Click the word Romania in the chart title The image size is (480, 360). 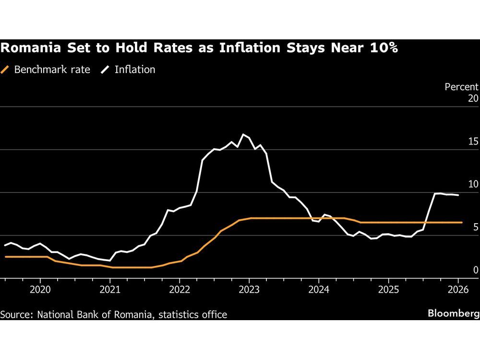pyautogui.click(x=24, y=48)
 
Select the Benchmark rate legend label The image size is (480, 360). pyautogui.click(x=52, y=70)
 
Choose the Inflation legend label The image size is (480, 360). pyautogui.click(x=135, y=70)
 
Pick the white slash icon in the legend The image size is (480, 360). pyautogui.click(x=105, y=70)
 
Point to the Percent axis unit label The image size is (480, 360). pyautogui.click(x=461, y=87)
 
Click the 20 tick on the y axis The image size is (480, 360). pyautogui.click(x=473, y=98)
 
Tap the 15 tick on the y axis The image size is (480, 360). pyautogui.click(x=473, y=141)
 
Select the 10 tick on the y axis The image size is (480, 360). pyautogui.click(x=473, y=184)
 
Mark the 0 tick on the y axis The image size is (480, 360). pyautogui.click(x=476, y=270)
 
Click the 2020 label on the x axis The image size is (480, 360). pyautogui.click(x=40, y=289)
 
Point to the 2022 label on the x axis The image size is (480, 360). pyautogui.click(x=180, y=289)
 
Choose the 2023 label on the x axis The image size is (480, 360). pyautogui.click(x=249, y=289)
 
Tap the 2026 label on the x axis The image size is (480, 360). pyautogui.click(x=458, y=289)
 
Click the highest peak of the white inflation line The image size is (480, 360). pyautogui.click(x=243, y=134)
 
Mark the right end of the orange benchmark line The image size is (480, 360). pyautogui.click(x=462, y=222)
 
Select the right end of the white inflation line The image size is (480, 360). pyautogui.click(x=458, y=195)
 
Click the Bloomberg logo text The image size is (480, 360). pyautogui.click(x=453, y=314)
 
